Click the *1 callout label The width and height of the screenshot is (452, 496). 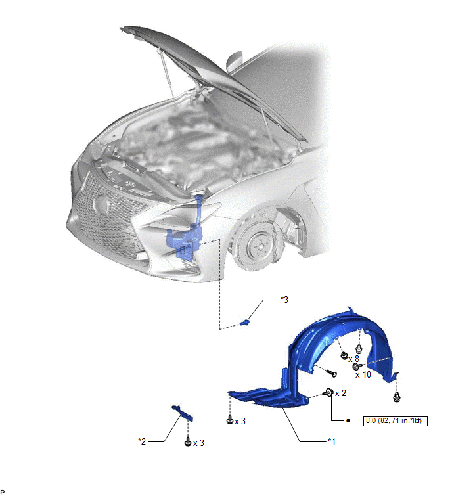point(332,441)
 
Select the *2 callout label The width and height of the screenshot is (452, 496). point(142,441)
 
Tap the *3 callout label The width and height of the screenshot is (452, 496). point(284,300)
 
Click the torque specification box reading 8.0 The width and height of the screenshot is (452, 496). point(395,420)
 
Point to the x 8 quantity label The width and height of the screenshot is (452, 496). point(353,359)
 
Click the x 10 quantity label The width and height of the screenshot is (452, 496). point(363,375)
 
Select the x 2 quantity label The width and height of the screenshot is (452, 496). point(340,394)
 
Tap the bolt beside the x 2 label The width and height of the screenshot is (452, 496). point(328,393)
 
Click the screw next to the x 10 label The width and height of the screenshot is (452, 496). point(357,367)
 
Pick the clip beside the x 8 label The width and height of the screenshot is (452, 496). point(344,355)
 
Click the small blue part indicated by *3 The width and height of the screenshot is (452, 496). point(244,323)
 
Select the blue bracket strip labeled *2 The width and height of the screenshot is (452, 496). point(183,413)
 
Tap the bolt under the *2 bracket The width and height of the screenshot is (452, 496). point(188,441)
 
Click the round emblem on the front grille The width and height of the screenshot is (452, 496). point(101,204)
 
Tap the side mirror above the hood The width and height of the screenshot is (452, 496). point(234,61)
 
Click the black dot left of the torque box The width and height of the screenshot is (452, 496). point(348,420)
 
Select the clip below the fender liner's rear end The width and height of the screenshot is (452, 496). point(396,397)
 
